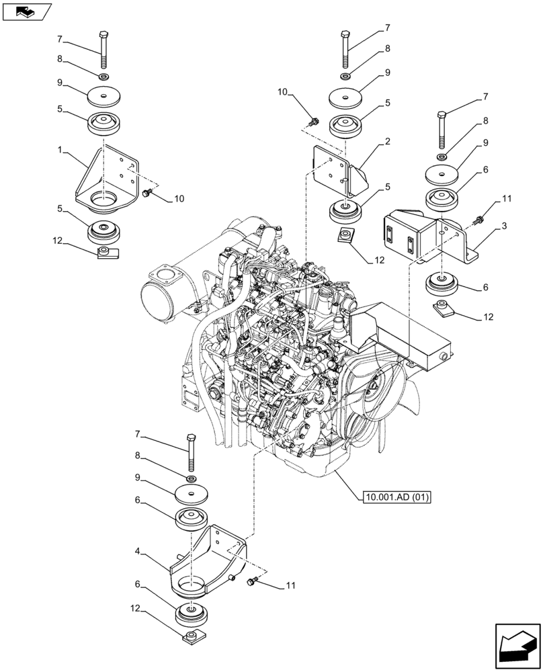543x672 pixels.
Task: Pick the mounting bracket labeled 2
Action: point(339,171)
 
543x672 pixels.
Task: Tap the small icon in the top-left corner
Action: point(27,11)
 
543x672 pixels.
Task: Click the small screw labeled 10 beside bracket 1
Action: point(147,194)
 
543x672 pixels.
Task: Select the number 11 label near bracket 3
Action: point(505,200)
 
